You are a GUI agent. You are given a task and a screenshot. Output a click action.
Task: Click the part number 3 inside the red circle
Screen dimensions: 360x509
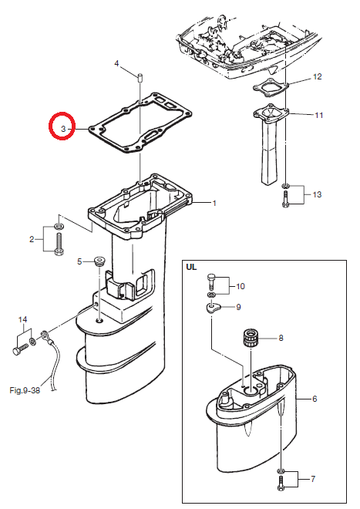(63, 129)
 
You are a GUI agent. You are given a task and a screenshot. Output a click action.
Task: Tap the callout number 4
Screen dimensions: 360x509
(117, 63)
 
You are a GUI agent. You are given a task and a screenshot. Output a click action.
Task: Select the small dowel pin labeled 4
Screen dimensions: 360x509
(140, 78)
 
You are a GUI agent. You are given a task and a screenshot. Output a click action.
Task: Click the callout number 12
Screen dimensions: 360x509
(317, 76)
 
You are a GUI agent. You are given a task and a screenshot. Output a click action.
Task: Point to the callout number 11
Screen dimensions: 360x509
(319, 115)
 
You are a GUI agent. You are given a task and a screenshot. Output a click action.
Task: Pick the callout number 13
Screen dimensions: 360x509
(317, 194)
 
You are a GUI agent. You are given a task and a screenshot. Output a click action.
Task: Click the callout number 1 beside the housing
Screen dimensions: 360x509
(214, 203)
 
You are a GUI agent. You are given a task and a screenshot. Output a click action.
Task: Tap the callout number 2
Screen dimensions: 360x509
(32, 240)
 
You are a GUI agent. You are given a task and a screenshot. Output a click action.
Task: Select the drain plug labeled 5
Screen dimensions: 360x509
(99, 261)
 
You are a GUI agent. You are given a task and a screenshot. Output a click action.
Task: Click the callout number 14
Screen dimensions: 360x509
(22, 320)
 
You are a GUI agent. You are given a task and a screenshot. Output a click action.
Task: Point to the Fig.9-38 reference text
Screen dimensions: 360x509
(25, 390)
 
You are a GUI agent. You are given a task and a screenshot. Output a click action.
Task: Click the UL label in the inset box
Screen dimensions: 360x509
(191, 267)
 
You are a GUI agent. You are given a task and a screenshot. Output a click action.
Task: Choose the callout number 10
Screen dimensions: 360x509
(241, 286)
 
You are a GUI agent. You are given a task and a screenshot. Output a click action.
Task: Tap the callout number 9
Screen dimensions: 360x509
(239, 307)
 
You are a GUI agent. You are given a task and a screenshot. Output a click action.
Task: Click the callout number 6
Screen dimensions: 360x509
(315, 399)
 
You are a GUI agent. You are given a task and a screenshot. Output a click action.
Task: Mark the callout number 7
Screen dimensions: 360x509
(313, 479)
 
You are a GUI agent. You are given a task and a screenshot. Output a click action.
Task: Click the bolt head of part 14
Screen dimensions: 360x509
(16, 352)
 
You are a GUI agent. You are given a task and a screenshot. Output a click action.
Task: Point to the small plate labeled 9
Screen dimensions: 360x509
(212, 307)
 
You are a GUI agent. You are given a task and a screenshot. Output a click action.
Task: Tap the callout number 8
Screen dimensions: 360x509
(281, 339)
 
